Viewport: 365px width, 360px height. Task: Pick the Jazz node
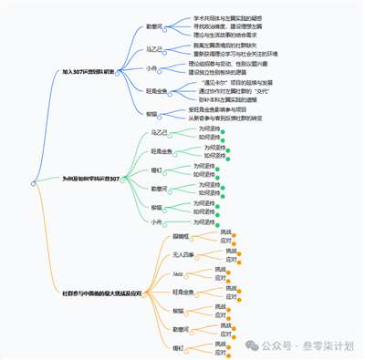pos(177,273)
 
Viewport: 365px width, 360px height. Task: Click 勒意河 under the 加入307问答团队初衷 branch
pos(156,27)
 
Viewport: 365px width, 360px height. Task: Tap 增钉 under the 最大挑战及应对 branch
pos(177,349)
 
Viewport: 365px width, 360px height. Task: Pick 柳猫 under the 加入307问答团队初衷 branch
pos(151,114)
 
